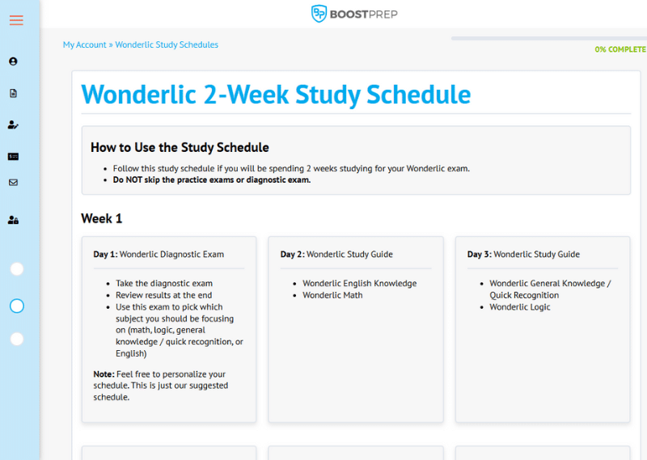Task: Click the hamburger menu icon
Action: pos(16,20)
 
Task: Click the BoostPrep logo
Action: pos(354,14)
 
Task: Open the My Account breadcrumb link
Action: pos(84,45)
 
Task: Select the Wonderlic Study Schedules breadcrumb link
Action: pos(167,45)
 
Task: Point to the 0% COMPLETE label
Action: pos(620,49)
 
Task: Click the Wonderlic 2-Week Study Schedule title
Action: pos(276,95)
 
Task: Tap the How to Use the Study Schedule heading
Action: pos(180,147)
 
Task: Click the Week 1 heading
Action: pos(102,218)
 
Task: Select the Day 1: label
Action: pos(105,255)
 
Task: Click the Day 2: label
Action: pos(292,255)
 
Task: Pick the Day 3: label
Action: pos(479,255)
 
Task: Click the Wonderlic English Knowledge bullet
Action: pos(359,284)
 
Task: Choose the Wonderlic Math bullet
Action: pos(332,295)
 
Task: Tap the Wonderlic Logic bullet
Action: pos(519,307)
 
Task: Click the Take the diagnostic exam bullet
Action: pos(164,284)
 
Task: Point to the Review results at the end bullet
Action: pos(164,295)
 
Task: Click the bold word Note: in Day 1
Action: pos(104,374)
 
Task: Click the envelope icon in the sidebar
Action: pos(13,183)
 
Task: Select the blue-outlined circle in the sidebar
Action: pos(17,306)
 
